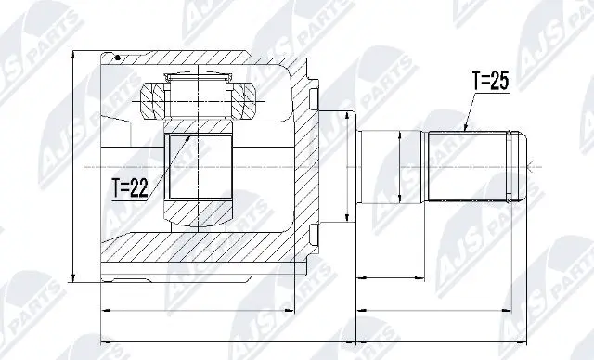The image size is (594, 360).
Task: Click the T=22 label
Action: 131,188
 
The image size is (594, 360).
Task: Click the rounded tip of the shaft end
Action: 522,166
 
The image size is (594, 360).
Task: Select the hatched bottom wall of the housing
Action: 204,251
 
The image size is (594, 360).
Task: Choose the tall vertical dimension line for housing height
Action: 75,167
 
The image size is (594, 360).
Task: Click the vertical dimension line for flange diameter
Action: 347,166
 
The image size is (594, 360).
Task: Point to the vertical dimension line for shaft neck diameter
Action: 399,167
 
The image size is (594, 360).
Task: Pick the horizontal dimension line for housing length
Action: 196,308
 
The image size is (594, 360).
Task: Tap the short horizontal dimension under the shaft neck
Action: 391,277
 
